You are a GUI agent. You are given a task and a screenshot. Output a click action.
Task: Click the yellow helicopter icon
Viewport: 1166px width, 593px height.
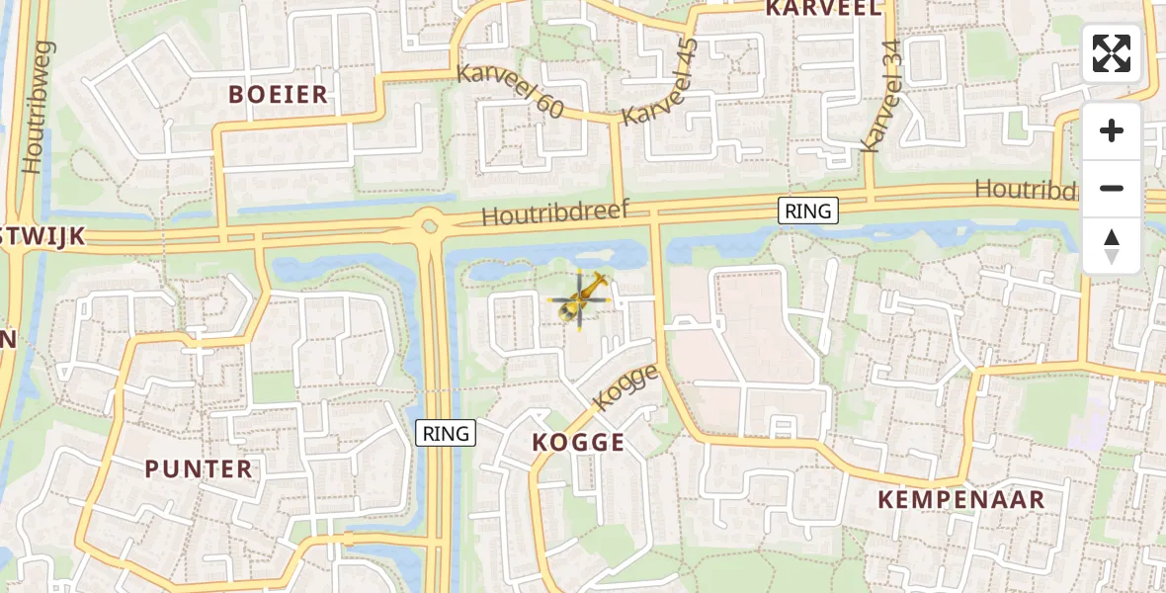pyautogui.click(x=581, y=298)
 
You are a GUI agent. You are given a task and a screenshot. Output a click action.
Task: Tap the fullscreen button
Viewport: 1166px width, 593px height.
pyautogui.click(x=1112, y=53)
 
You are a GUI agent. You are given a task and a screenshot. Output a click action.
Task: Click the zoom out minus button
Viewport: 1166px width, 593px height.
pyautogui.click(x=1112, y=188)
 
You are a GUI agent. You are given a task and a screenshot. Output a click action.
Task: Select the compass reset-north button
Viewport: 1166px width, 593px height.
pyautogui.click(x=1112, y=245)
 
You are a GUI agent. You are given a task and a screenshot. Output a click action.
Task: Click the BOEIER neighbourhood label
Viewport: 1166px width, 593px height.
pyautogui.click(x=278, y=95)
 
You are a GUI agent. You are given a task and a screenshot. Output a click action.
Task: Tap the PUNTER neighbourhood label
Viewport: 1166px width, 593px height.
pyautogui.click(x=199, y=468)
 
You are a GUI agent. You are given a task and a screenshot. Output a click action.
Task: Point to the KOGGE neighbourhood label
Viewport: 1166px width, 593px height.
pyautogui.click(x=578, y=442)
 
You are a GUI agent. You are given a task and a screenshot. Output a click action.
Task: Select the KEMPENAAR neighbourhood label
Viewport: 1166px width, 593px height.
pyautogui.click(x=961, y=499)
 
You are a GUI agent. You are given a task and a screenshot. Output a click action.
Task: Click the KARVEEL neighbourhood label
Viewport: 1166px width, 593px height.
pyautogui.click(x=823, y=9)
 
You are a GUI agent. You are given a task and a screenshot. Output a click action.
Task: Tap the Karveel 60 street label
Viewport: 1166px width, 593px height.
pyautogui.click(x=510, y=91)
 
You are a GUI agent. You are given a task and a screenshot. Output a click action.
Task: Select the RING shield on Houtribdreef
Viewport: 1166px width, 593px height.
pyautogui.click(x=808, y=211)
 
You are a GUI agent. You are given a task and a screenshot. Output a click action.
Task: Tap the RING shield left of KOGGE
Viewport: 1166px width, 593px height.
pyautogui.click(x=447, y=433)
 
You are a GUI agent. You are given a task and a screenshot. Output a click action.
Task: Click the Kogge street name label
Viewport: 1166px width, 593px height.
pyautogui.click(x=625, y=386)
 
